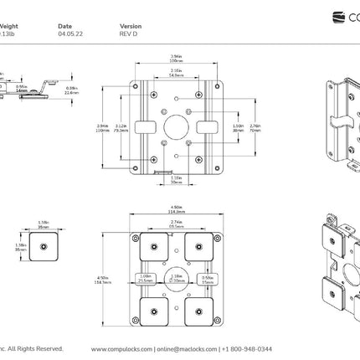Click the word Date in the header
coord(65,27)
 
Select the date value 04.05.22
coord(69,35)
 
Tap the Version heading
coord(131,27)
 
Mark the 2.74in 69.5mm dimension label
coord(176,225)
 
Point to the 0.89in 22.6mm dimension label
coord(72,91)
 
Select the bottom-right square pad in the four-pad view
coord(200,309)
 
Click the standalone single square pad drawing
coord(41,245)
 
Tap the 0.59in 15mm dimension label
coord(207,279)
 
